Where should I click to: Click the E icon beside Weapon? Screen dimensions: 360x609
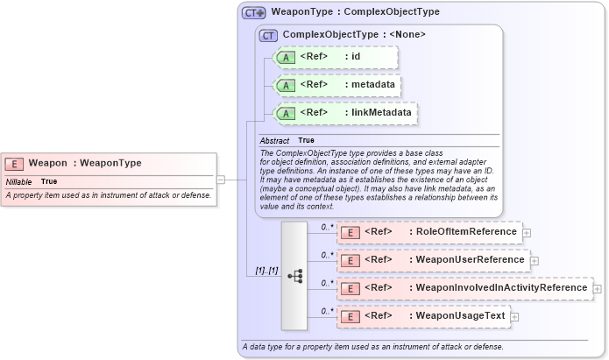tap(14, 163)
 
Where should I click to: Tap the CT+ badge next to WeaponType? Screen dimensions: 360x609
tap(254, 12)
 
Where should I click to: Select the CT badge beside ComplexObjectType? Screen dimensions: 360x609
tap(268, 35)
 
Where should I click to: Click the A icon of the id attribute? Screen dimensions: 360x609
tap(286, 57)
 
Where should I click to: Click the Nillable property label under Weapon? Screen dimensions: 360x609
tap(18, 181)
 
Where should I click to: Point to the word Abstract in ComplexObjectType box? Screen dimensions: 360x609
tap(274, 140)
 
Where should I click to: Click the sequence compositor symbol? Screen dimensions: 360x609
tap(294, 276)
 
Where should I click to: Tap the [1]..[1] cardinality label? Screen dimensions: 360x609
tap(266, 271)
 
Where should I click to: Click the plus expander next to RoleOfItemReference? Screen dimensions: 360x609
tap(527, 233)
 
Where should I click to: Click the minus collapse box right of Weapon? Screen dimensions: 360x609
tap(221, 180)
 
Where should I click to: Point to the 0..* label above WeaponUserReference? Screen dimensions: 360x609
tap(327, 254)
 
